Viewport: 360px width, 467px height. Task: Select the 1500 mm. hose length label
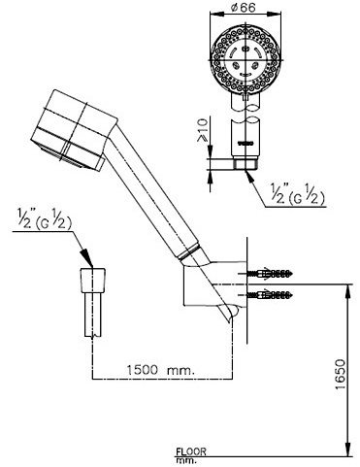pos(156,367)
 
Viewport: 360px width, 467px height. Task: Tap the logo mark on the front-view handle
pos(244,147)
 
